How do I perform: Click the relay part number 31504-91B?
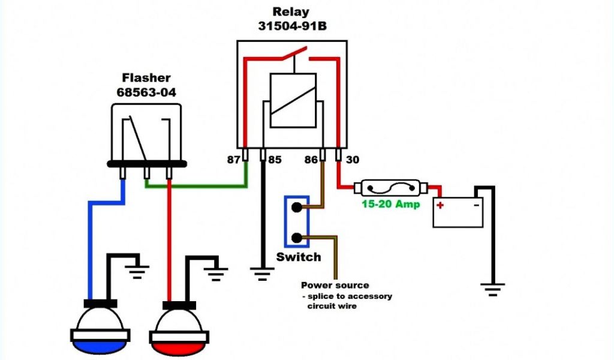coord(292,26)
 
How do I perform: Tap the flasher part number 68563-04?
coord(146,92)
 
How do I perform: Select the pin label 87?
coord(234,160)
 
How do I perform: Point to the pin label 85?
coord(275,160)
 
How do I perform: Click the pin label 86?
coord(311,160)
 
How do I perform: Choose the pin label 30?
coord(353,160)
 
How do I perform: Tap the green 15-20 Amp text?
coord(390,204)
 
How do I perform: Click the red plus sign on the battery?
coord(440,205)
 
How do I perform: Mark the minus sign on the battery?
coord(477,205)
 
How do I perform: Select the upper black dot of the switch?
coord(296,207)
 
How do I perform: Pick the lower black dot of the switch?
coord(297,238)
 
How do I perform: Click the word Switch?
coord(299,257)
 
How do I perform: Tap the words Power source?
coord(335,285)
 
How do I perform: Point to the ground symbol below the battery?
coord(493,289)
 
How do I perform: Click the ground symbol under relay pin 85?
coord(262,274)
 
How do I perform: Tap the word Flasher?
coord(146,77)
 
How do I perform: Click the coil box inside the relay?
coord(293,100)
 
